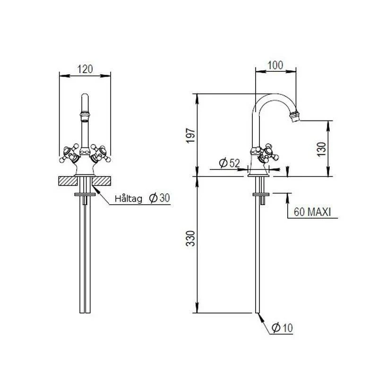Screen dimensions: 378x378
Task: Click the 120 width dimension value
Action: tap(85, 69)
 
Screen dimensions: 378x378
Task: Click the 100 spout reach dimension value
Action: tap(275, 65)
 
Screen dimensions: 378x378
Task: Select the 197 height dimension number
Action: tap(190, 136)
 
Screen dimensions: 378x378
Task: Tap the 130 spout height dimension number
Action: tap(321, 149)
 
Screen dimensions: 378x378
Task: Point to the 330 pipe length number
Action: tap(190, 238)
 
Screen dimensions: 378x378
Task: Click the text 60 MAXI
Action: tap(312, 212)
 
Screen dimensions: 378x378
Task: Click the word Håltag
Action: tap(129, 199)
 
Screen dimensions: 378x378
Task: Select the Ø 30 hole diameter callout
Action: tap(160, 198)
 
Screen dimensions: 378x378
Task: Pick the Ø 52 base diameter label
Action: tap(230, 163)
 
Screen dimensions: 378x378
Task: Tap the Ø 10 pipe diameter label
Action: tap(282, 327)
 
